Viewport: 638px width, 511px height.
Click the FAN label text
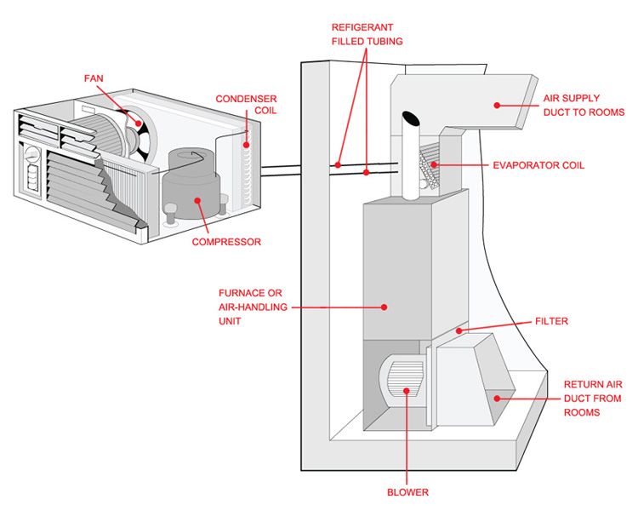[x=94, y=78]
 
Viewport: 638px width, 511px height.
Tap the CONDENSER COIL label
[x=246, y=104]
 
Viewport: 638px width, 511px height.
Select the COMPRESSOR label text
[x=226, y=242]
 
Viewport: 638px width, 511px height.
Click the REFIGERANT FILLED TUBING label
[x=367, y=34]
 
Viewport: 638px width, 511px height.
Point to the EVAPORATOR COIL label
[x=538, y=165]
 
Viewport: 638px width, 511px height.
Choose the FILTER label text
[x=551, y=321]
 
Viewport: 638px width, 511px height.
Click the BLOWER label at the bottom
[x=407, y=492]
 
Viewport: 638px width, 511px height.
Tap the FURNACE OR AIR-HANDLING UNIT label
[x=253, y=307]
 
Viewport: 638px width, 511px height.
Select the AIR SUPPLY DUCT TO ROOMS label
[x=584, y=105]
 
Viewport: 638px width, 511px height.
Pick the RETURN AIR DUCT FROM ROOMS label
[x=593, y=398]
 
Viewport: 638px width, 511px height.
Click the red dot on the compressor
[x=197, y=200]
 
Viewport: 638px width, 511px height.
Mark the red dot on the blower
[x=407, y=391]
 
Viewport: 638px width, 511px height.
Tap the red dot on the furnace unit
[x=384, y=307]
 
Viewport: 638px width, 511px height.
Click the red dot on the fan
[x=139, y=123]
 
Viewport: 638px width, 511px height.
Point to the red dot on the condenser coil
[x=246, y=145]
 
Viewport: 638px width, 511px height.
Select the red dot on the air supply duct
[x=497, y=105]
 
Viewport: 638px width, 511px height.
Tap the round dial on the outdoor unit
[x=31, y=154]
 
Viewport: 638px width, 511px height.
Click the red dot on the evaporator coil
[x=434, y=164]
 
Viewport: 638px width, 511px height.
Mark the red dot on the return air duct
[x=497, y=398]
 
